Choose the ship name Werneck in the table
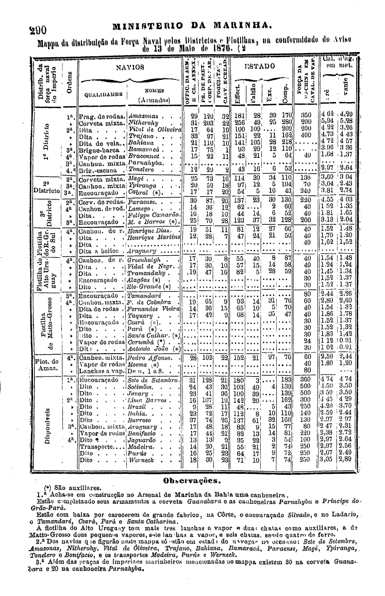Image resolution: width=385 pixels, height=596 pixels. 139,459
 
